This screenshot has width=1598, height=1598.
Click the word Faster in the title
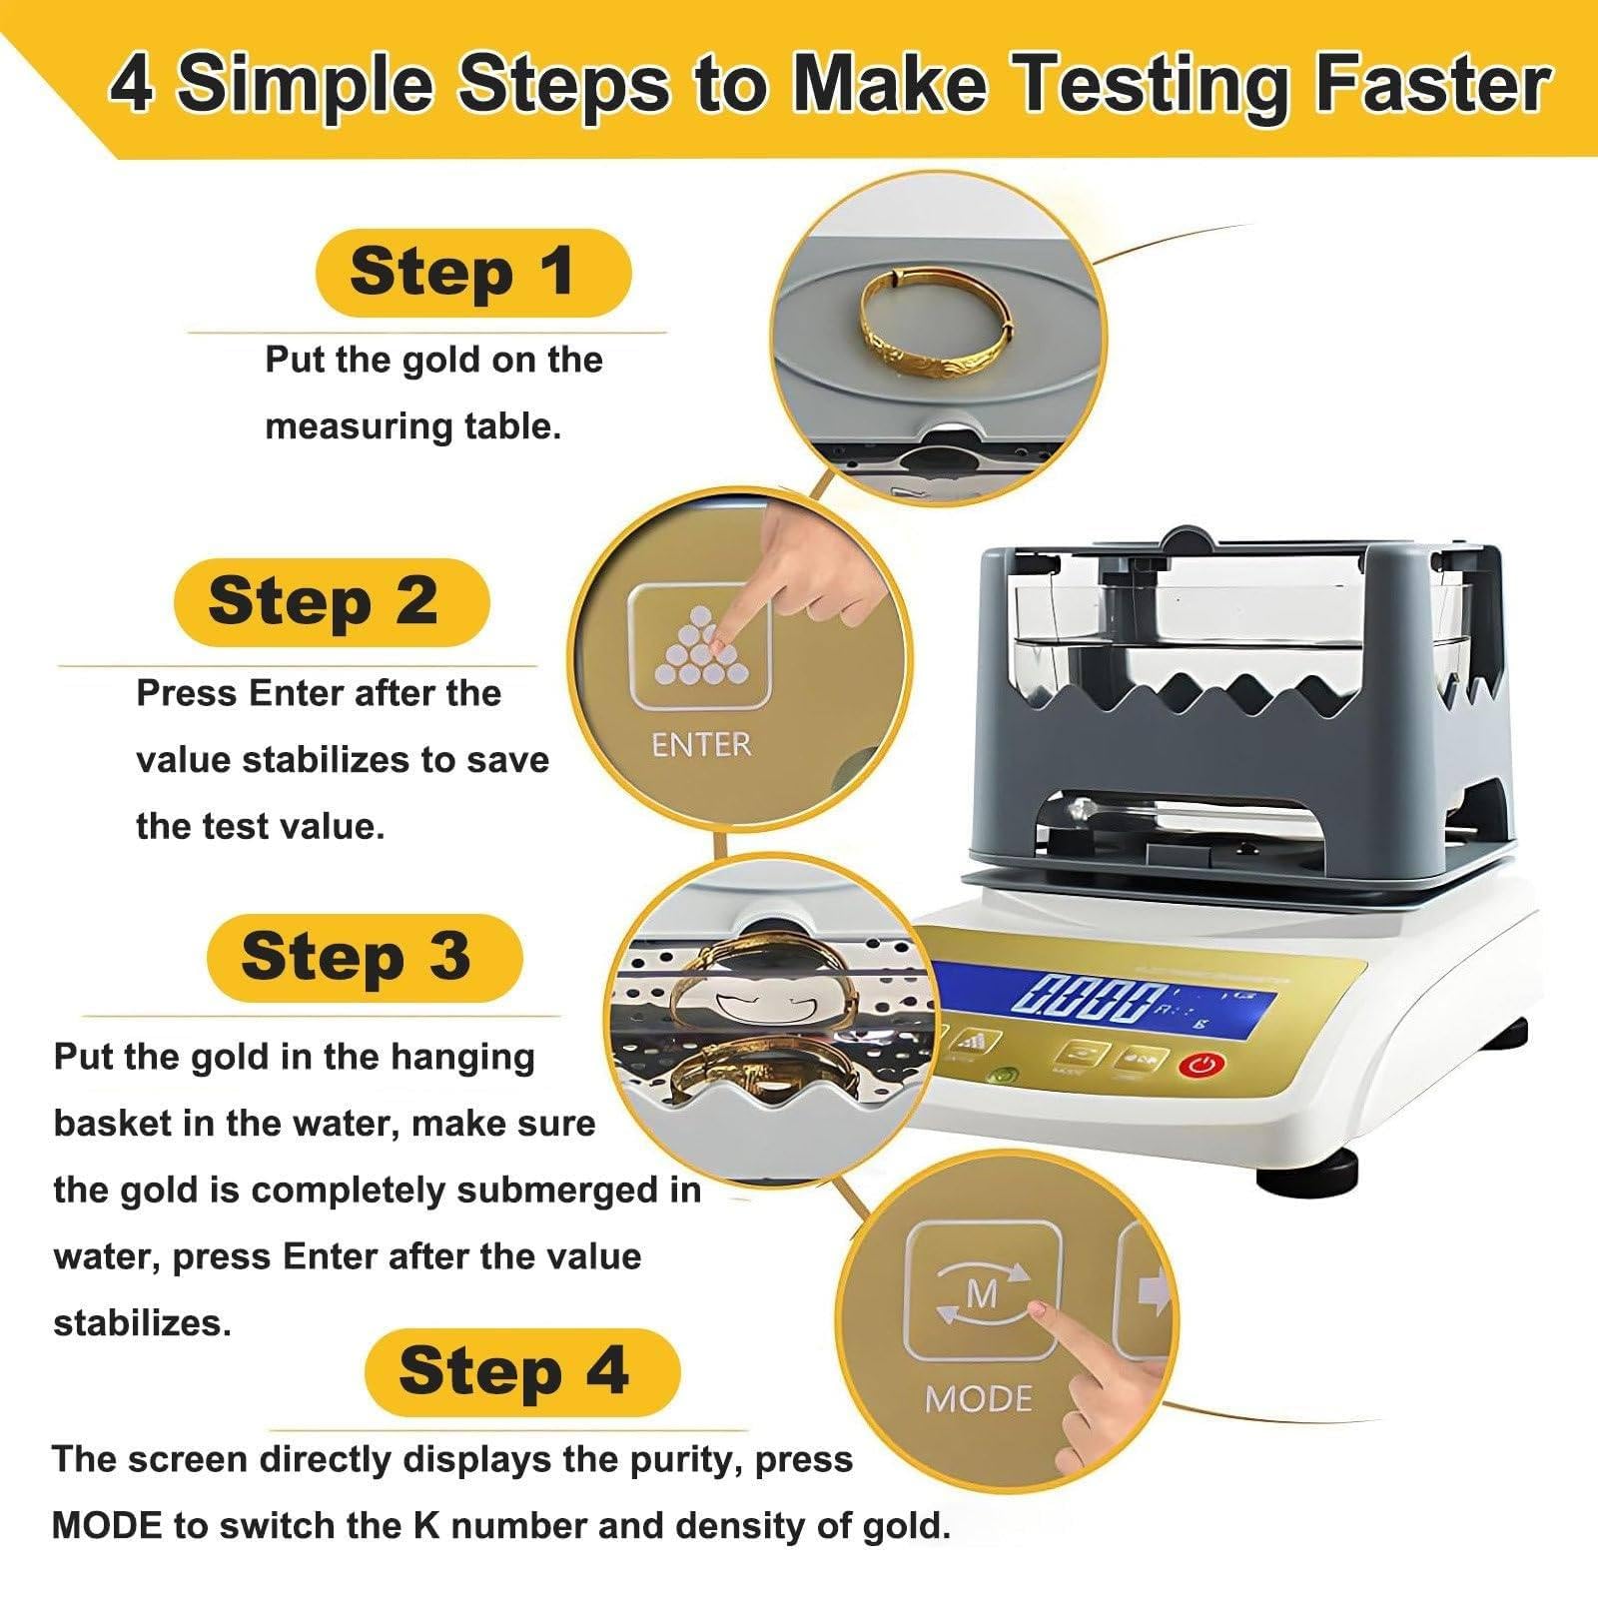coord(1432,86)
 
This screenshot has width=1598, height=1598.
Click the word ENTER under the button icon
coord(700,745)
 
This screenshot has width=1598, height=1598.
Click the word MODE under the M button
coord(979,1399)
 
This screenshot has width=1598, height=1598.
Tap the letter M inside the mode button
coord(983,1293)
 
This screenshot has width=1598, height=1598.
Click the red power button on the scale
coord(1201,1065)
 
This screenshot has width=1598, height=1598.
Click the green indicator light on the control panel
coord(1004,1077)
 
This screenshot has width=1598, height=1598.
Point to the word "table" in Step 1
coord(507,427)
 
